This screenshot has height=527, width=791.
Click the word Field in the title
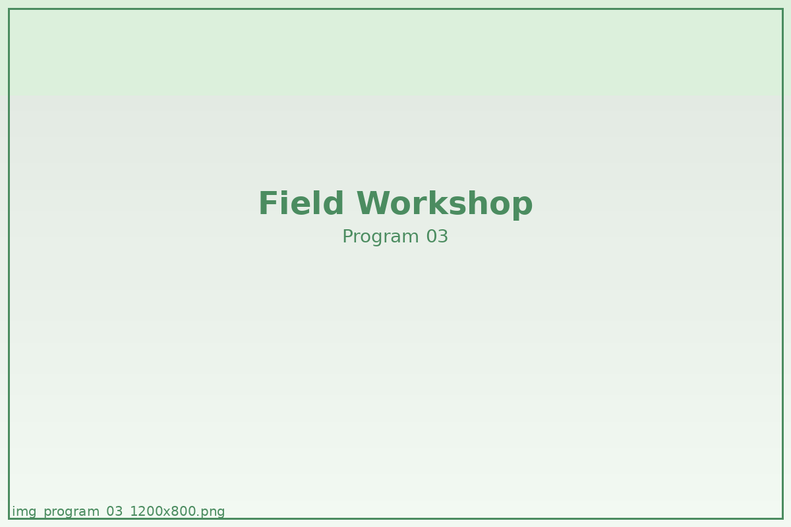pos(301,203)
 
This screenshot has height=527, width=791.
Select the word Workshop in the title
pos(444,204)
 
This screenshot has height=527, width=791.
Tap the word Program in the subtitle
pos(381,237)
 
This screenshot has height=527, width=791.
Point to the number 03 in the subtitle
pos(437,236)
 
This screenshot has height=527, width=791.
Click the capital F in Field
pos(268,203)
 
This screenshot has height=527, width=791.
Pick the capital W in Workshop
pos(373,203)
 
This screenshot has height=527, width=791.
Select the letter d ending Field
pos(334,202)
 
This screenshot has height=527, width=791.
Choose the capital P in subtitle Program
pos(348,236)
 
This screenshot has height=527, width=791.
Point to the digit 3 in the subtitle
pos(443,236)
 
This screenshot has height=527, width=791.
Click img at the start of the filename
pos(24,511)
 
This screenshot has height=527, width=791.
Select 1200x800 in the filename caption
pos(163,511)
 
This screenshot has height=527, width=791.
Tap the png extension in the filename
pos(212,513)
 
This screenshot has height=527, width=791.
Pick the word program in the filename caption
pos(71,513)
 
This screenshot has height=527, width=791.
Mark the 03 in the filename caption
pos(115,511)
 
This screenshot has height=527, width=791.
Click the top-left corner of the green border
pos(9,9)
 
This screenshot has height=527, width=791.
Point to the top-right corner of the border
pos(782,9)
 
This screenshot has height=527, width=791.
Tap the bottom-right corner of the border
pos(782,518)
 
